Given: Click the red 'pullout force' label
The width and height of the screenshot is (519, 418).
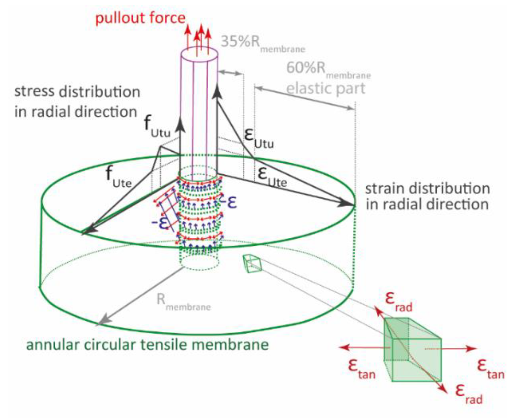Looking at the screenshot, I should [140, 18].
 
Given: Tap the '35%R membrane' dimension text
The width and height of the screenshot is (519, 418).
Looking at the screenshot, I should [262, 43].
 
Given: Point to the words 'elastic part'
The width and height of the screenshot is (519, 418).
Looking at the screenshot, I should [326, 88].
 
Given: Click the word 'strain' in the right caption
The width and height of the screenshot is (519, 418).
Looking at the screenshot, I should [384, 189].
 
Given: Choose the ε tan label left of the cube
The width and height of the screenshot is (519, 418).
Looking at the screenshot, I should [361, 369].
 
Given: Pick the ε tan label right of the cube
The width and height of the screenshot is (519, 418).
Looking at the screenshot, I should [490, 369].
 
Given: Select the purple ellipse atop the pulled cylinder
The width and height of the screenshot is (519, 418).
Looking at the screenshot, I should [199, 54].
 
